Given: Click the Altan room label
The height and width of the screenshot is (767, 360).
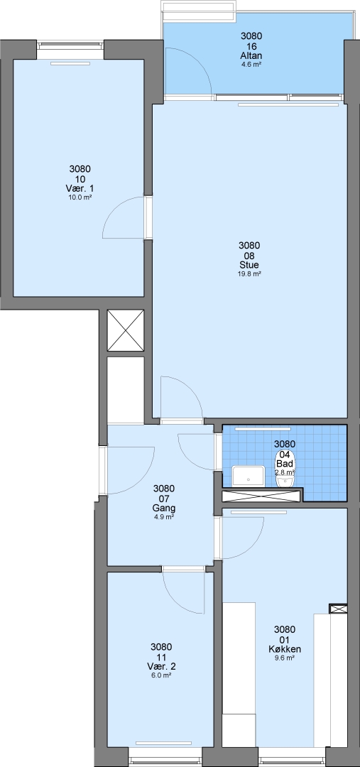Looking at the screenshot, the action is coord(251,56).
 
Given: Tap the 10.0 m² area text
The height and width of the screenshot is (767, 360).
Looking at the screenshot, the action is coord(80,197).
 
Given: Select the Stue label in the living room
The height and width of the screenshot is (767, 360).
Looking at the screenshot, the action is coord(249,265).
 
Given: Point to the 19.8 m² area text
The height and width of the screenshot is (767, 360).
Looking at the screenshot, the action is coord(249,274).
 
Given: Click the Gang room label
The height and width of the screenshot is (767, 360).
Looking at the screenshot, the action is coord(164,508).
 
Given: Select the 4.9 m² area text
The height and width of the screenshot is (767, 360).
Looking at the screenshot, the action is coord(164,517).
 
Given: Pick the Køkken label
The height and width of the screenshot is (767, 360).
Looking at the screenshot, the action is coord(285,649).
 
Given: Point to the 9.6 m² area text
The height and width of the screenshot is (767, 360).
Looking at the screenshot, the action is coord(285,658).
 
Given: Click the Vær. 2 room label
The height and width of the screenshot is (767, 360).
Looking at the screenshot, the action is coord(161,666).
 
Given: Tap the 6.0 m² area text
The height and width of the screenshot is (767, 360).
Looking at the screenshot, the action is coord(161,675).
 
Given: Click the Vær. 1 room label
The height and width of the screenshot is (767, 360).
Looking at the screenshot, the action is coord(80,189).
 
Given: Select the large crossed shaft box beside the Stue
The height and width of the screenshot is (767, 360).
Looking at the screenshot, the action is coord(126,330).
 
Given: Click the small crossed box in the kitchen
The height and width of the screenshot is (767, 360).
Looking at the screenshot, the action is coord(338,609).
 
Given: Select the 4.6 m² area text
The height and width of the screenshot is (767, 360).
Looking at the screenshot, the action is coord(251,64).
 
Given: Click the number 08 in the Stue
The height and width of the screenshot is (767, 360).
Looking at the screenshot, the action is coord(249,256).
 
